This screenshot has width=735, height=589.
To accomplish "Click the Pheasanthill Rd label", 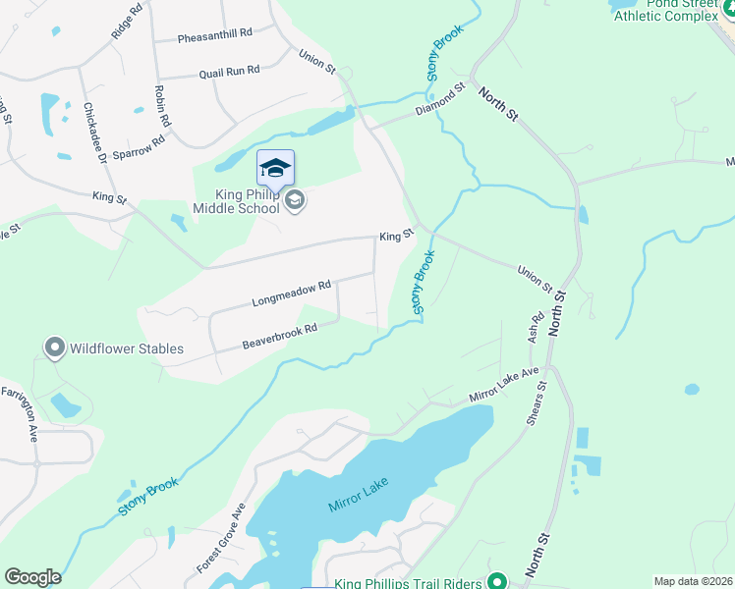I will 215,32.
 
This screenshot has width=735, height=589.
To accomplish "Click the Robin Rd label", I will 162,106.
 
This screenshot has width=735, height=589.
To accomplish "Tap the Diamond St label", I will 438,100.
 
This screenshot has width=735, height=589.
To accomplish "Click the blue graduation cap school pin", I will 275,168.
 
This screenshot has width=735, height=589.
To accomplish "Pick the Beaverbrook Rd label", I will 280,337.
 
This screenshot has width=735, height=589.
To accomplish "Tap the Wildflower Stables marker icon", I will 54,347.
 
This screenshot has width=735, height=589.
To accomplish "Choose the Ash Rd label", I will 536,327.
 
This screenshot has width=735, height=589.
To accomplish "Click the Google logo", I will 32,577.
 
